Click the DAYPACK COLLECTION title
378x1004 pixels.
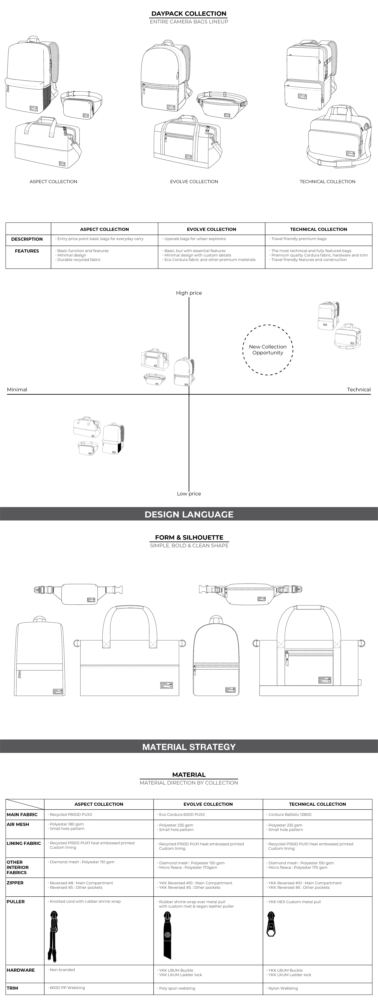point(189,14)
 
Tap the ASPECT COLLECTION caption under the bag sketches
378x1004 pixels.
point(53,182)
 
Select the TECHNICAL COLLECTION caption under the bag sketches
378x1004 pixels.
point(327,182)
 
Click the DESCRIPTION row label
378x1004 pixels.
point(27,239)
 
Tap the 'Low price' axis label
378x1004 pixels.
point(189,494)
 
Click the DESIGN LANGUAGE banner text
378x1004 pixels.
point(189,514)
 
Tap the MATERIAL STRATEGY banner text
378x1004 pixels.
point(189,747)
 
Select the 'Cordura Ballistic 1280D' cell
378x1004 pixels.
point(290,815)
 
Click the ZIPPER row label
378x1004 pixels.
point(15,883)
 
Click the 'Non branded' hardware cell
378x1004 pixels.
point(62,970)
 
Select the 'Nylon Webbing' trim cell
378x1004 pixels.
point(283,988)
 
